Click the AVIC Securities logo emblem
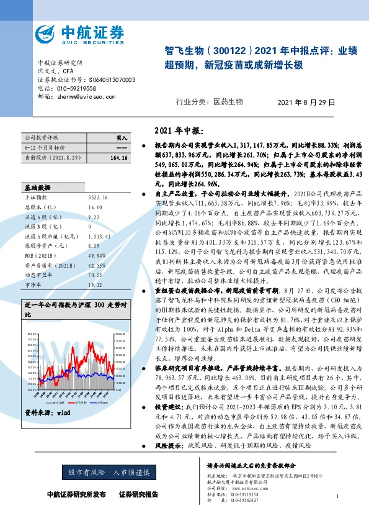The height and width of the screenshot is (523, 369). tap(47, 33)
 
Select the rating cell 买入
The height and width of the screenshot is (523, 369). tap(122, 138)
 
